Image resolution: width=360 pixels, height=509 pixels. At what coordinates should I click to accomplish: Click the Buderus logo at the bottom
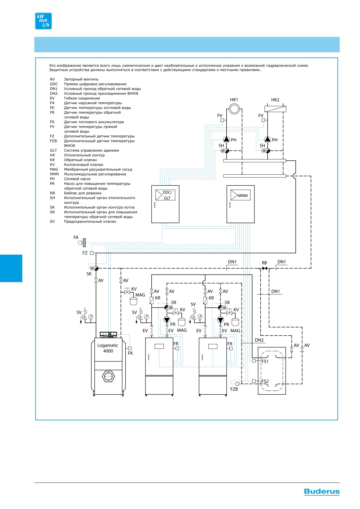(322, 492)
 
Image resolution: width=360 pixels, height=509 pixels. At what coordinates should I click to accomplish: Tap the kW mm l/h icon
(43, 21)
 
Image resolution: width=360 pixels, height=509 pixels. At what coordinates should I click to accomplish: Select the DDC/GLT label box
(165, 195)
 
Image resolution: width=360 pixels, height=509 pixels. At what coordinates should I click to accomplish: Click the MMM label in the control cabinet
(243, 196)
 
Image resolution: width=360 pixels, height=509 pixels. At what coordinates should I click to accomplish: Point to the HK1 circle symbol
(234, 109)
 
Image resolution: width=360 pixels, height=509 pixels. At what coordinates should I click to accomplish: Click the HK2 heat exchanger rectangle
(275, 109)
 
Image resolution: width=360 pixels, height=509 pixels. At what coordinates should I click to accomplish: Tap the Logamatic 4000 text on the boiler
(108, 348)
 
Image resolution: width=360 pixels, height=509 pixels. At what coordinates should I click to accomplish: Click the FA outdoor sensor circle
(80, 242)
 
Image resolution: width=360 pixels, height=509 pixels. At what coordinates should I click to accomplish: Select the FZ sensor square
(92, 253)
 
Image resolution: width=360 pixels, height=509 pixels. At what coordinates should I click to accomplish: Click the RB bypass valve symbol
(264, 268)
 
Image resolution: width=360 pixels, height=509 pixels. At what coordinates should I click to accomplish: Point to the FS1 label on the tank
(265, 361)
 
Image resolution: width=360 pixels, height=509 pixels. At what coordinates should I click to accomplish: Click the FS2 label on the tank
(265, 381)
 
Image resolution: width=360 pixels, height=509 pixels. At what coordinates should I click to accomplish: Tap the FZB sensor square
(237, 384)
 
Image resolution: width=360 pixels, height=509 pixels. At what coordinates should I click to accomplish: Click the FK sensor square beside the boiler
(130, 348)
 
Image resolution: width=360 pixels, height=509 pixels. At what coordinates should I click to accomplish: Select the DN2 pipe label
(259, 340)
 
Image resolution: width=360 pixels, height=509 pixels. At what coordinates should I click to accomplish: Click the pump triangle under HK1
(227, 140)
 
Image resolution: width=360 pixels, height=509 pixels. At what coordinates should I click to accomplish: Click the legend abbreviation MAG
(54, 169)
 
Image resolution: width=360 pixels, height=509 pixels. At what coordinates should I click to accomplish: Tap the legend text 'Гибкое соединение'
(82, 98)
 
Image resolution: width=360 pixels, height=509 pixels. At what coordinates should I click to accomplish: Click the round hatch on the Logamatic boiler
(108, 376)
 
